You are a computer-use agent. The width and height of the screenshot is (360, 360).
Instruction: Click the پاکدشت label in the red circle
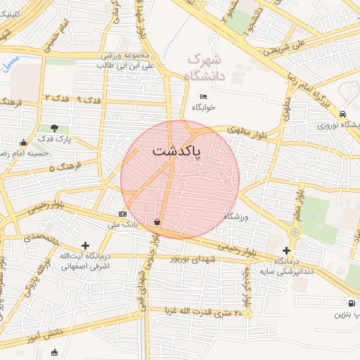[x=176, y=151]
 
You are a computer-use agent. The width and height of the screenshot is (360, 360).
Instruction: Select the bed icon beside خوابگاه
[x=204, y=96]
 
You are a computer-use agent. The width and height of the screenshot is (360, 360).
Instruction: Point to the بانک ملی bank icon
[x=123, y=213]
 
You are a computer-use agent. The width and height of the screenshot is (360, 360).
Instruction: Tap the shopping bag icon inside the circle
[x=156, y=222]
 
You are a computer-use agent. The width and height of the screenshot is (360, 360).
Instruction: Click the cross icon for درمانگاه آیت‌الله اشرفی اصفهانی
[x=86, y=245]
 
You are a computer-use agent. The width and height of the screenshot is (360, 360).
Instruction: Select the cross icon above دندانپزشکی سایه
[x=286, y=250]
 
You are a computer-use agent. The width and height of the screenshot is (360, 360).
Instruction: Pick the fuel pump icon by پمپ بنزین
[x=350, y=303]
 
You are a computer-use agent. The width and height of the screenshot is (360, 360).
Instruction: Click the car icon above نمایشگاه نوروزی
[x=342, y=114]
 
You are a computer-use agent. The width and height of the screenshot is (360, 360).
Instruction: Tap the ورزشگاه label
[x=241, y=217]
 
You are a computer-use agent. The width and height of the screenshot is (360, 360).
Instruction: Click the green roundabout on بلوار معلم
[x=295, y=231]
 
